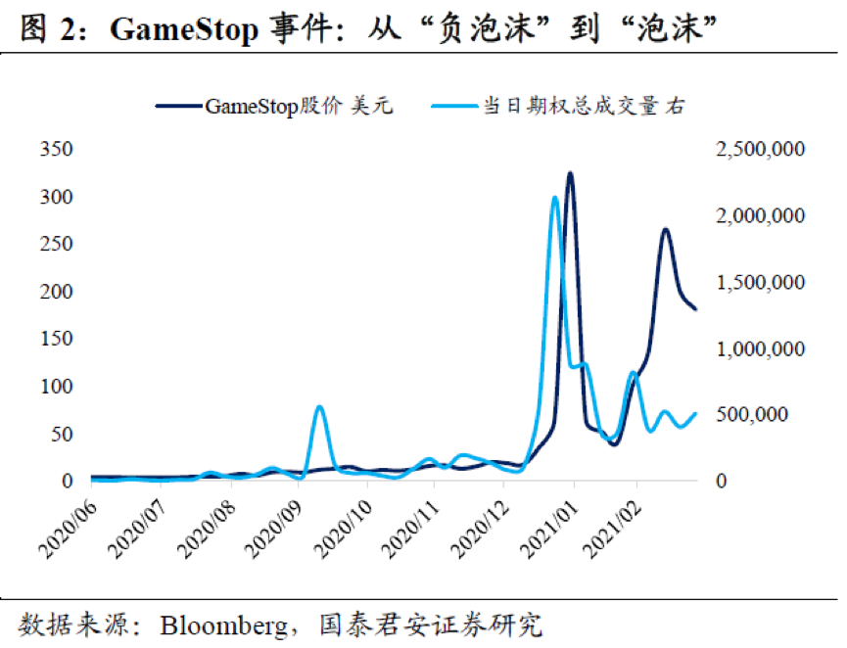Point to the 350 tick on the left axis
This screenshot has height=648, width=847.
click(56, 150)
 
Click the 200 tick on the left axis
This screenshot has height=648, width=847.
click(56, 292)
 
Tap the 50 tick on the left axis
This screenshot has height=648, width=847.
click(62, 434)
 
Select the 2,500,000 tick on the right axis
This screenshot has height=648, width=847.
click(760, 150)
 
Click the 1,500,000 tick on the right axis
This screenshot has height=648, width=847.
click(760, 283)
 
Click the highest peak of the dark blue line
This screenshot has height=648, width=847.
click(570, 174)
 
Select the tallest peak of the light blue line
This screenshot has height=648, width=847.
click(555, 198)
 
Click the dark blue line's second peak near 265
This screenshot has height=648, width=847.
click(665, 230)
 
